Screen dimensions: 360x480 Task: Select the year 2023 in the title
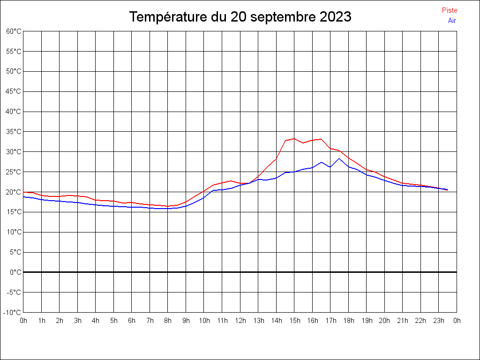point(336,17)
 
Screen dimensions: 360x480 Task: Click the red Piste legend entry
point(450,10)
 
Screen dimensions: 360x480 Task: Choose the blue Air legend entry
point(452,21)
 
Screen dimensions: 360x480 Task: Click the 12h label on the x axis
point(240,321)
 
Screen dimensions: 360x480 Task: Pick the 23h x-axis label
point(439,321)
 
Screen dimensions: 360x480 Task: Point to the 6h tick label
point(132,321)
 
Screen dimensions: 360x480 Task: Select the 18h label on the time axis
point(348,321)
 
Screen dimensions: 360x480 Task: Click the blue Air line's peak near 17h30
point(339,158)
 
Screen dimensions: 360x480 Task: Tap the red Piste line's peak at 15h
point(294,139)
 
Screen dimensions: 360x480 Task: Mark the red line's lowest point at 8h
point(168,206)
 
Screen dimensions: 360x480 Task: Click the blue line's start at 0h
point(24,197)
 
